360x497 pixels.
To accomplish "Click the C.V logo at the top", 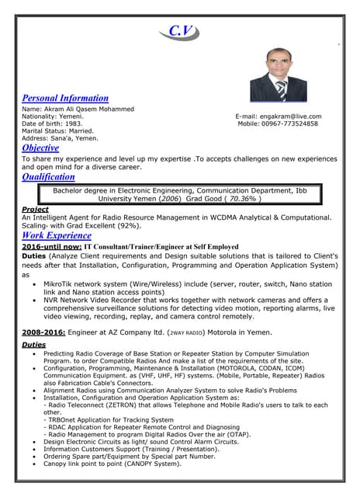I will [179, 31].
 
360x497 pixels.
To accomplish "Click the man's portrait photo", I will [278, 74].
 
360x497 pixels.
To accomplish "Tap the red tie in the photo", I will [281, 89].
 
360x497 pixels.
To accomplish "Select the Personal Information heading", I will [65, 99].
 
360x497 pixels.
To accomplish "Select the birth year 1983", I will [73, 123].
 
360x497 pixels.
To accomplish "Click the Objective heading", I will [40, 148].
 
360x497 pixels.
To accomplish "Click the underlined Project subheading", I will [35, 210].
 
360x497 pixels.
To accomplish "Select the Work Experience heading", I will [57, 235].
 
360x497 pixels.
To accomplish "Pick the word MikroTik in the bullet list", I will [59, 284].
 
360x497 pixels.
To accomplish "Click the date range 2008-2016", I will [43, 332].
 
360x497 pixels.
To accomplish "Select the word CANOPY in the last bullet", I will [150, 464].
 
